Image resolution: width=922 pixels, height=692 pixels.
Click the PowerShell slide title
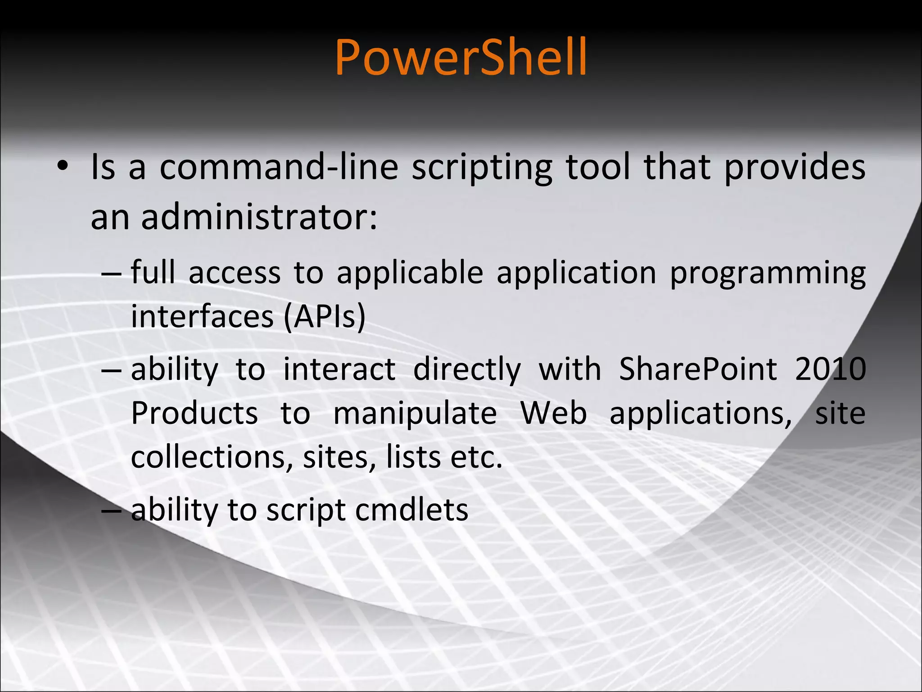(x=461, y=57)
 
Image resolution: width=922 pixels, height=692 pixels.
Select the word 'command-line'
(x=279, y=168)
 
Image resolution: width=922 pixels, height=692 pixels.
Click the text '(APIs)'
(x=325, y=317)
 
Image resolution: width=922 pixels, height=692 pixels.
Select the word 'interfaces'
(x=202, y=317)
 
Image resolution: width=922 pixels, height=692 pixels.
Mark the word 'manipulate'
(x=415, y=414)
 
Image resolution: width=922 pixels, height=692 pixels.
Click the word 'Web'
(x=553, y=414)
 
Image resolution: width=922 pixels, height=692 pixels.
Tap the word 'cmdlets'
(x=411, y=510)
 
